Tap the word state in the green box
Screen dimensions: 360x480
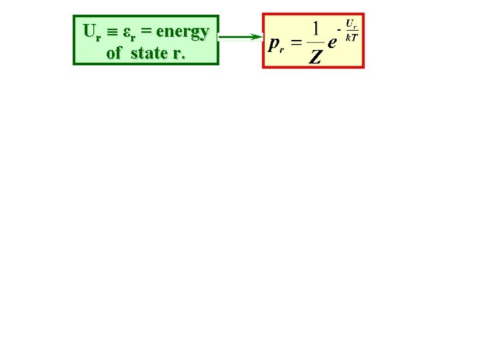click(x=149, y=53)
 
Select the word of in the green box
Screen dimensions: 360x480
click(x=113, y=53)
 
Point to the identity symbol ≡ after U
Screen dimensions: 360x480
click(x=111, y=32)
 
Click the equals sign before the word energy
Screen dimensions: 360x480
click(x=145, y=31)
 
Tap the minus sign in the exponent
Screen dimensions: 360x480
click(x=339, y=31)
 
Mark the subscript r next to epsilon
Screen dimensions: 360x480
click(x=133, y=36)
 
